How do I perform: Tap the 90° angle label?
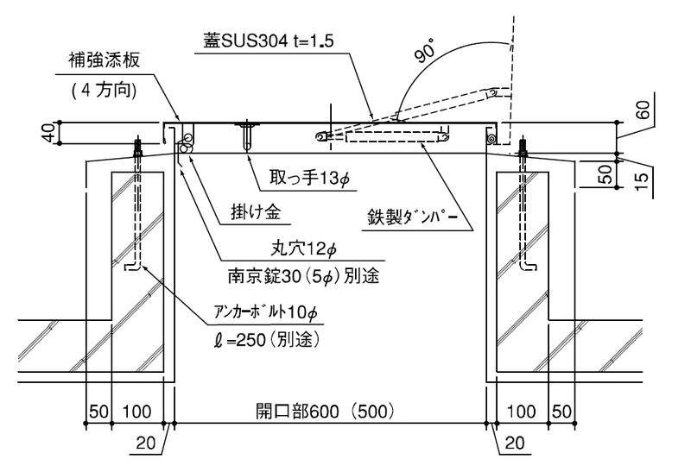coord(427,51)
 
